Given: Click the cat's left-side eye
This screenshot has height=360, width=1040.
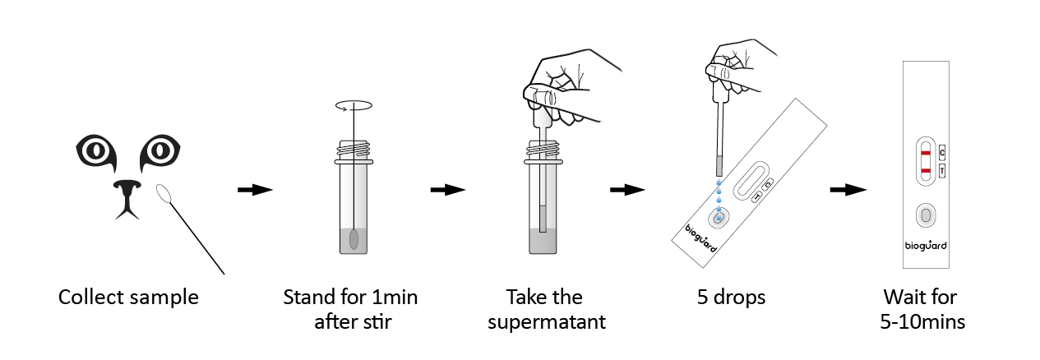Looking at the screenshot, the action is tap(96, 151).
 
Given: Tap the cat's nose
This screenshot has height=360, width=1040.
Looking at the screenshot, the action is tap(127, 197).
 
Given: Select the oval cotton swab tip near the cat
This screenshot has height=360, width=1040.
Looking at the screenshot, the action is tap(164, 194).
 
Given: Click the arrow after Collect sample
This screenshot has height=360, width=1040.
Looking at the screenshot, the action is tap(255, 190).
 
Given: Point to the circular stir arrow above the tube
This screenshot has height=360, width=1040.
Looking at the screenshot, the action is tap(354, 106).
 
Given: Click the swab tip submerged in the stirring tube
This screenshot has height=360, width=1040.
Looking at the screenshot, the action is tap(354, 240).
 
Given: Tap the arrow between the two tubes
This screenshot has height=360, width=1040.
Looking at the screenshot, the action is tap(447, 190).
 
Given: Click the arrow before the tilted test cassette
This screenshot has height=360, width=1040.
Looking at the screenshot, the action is tap(627, 190).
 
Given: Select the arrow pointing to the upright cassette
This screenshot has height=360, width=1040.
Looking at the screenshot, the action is tap(848, 190).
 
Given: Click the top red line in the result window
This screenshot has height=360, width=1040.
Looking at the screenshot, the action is tap(926, 153).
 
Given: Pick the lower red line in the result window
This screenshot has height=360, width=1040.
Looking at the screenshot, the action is tap(926, 171).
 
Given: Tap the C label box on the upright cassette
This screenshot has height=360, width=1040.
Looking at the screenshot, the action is tap(942, 153).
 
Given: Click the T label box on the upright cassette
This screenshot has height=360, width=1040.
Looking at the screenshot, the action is tap(942, 171).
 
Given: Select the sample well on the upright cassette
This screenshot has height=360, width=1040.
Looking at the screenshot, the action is tap(926, 215).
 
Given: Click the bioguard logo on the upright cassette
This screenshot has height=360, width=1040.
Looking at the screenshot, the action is tap(926, 246).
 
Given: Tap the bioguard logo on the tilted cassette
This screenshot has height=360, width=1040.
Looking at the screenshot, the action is tap(701, 238).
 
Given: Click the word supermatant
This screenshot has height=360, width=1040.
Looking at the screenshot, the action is tap(547, 321).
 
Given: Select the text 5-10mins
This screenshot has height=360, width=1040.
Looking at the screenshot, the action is tap(922, 321).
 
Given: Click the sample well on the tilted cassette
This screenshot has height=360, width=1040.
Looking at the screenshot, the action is tap(719, 217).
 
